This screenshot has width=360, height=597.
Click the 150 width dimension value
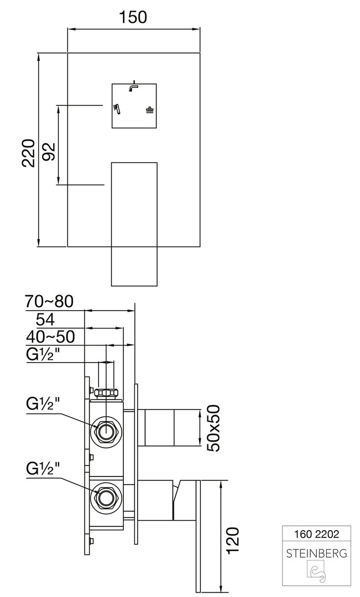133,17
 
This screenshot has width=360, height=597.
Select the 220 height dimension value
29,153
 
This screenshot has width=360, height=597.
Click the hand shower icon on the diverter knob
116,108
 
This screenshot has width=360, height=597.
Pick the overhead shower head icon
150,109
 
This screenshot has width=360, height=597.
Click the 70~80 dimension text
49,302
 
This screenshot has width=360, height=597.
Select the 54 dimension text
46,320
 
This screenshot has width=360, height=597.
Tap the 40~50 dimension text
50,337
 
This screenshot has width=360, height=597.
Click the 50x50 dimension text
215,428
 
